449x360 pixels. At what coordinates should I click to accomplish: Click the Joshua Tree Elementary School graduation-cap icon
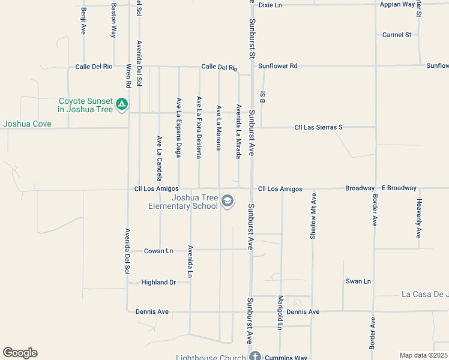click(x=228, y=201)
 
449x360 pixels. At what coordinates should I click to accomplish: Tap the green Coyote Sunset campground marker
click(x=122, y=105)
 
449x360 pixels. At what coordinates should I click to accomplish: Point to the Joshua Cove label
click(x=27, y=124)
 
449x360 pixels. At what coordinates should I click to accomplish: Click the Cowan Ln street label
click(x=158, y=251)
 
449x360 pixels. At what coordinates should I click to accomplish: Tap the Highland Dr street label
click(x=158, y=282)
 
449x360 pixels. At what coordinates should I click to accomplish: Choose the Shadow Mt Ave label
click(x=313, y=217)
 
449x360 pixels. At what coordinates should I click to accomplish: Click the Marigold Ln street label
click(x=280, y=313)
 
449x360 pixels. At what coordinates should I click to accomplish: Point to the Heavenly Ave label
click(x=419, y=218)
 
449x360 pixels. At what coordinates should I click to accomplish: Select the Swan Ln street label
click(x=358, y=281)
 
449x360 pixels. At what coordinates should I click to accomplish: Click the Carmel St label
click(x=397, y=35)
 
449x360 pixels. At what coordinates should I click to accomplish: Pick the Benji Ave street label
click(x=83, y=21)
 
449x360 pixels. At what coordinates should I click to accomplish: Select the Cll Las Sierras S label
click(x=318, y=127)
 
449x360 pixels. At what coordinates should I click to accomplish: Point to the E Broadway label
click(x=399, y=188)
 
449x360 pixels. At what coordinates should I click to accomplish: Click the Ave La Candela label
click(x=160, y=158)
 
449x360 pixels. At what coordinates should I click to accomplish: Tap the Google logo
click(x=20, y=353)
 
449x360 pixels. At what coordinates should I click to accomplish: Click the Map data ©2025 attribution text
click(x=424, y=355)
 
